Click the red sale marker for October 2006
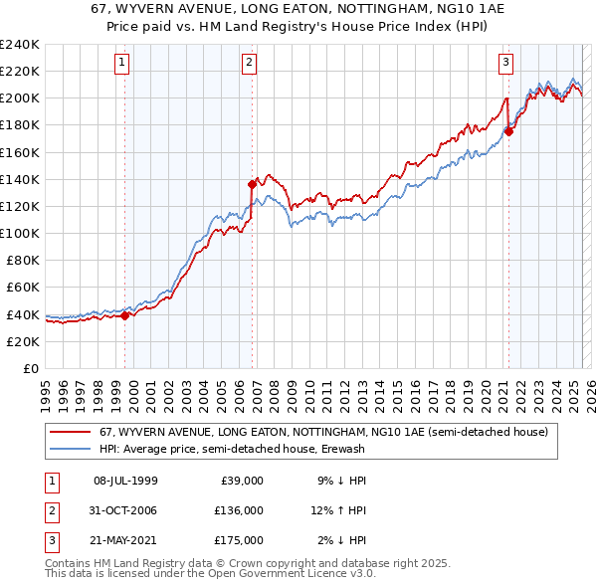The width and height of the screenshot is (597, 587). click(253, 184)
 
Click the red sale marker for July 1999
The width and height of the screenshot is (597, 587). click(124, 315)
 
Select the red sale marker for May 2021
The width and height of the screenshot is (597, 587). click(508, 131)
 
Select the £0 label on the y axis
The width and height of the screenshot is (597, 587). click(32, 368)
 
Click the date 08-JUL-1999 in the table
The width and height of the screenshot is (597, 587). click(125, 481)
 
